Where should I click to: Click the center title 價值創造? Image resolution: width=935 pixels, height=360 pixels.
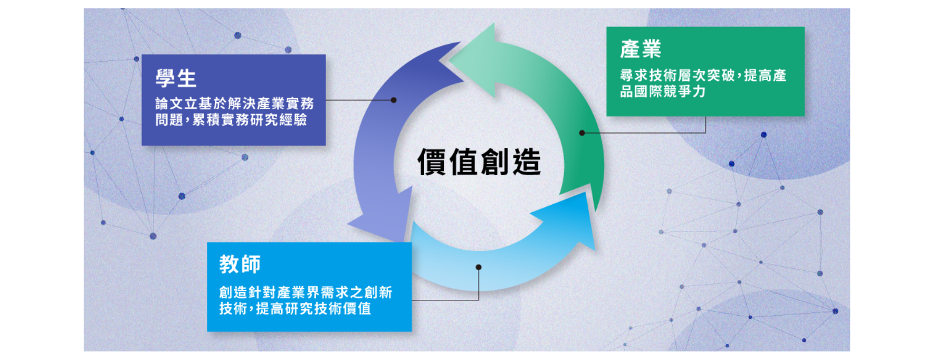pos(479,162)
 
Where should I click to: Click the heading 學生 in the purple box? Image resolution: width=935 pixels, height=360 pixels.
pos(176,79)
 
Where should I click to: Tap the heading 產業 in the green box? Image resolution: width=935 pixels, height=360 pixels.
pos(641,50)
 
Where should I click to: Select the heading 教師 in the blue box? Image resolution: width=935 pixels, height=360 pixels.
pos(240,264)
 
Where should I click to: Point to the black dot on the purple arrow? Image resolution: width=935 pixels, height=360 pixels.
pos(394,100)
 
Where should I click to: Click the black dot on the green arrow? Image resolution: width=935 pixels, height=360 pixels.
pos(582,133)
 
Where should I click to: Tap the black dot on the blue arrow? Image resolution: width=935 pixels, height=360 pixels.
pos(479,267)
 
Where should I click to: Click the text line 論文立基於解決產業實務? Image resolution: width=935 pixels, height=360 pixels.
pos(234,103)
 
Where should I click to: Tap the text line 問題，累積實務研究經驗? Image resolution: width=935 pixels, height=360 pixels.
pos(231,120)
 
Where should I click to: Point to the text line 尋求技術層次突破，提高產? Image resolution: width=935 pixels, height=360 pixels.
pos(703,75)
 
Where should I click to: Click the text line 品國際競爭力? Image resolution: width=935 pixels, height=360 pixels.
pos(663,91)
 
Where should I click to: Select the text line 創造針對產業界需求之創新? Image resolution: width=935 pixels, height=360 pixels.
pos(306,292)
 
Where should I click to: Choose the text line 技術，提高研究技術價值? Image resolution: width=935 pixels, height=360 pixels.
pos(295,308)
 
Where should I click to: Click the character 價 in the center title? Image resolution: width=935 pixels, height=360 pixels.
pos(433,162)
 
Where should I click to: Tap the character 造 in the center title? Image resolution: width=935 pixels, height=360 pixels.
pos(526,162)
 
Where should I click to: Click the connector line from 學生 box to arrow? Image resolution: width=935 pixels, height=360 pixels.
pos(359,100)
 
